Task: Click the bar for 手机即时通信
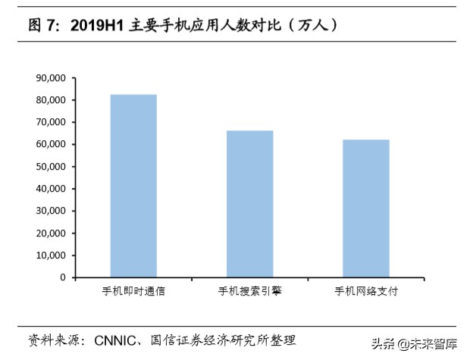pos(133,186)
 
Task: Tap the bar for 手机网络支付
pos(366,208)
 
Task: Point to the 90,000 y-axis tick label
pos(51,78)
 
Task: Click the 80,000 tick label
pos(51,100)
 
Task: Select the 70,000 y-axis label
pos(51,122)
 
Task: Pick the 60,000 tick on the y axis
pos(51,144)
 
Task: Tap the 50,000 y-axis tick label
pos(51,167)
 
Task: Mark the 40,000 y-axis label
pos(51,189)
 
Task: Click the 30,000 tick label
pos(51,211)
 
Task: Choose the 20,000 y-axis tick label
pos(51,233)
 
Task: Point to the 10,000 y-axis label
pos(51,255)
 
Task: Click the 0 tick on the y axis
pos(64,277)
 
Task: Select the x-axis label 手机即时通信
pos(133,291)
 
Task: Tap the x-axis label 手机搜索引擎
pos(249,291)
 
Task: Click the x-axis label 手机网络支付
pos(366,291)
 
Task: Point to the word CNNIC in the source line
pos(114,339)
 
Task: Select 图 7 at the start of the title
pos(43,24)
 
